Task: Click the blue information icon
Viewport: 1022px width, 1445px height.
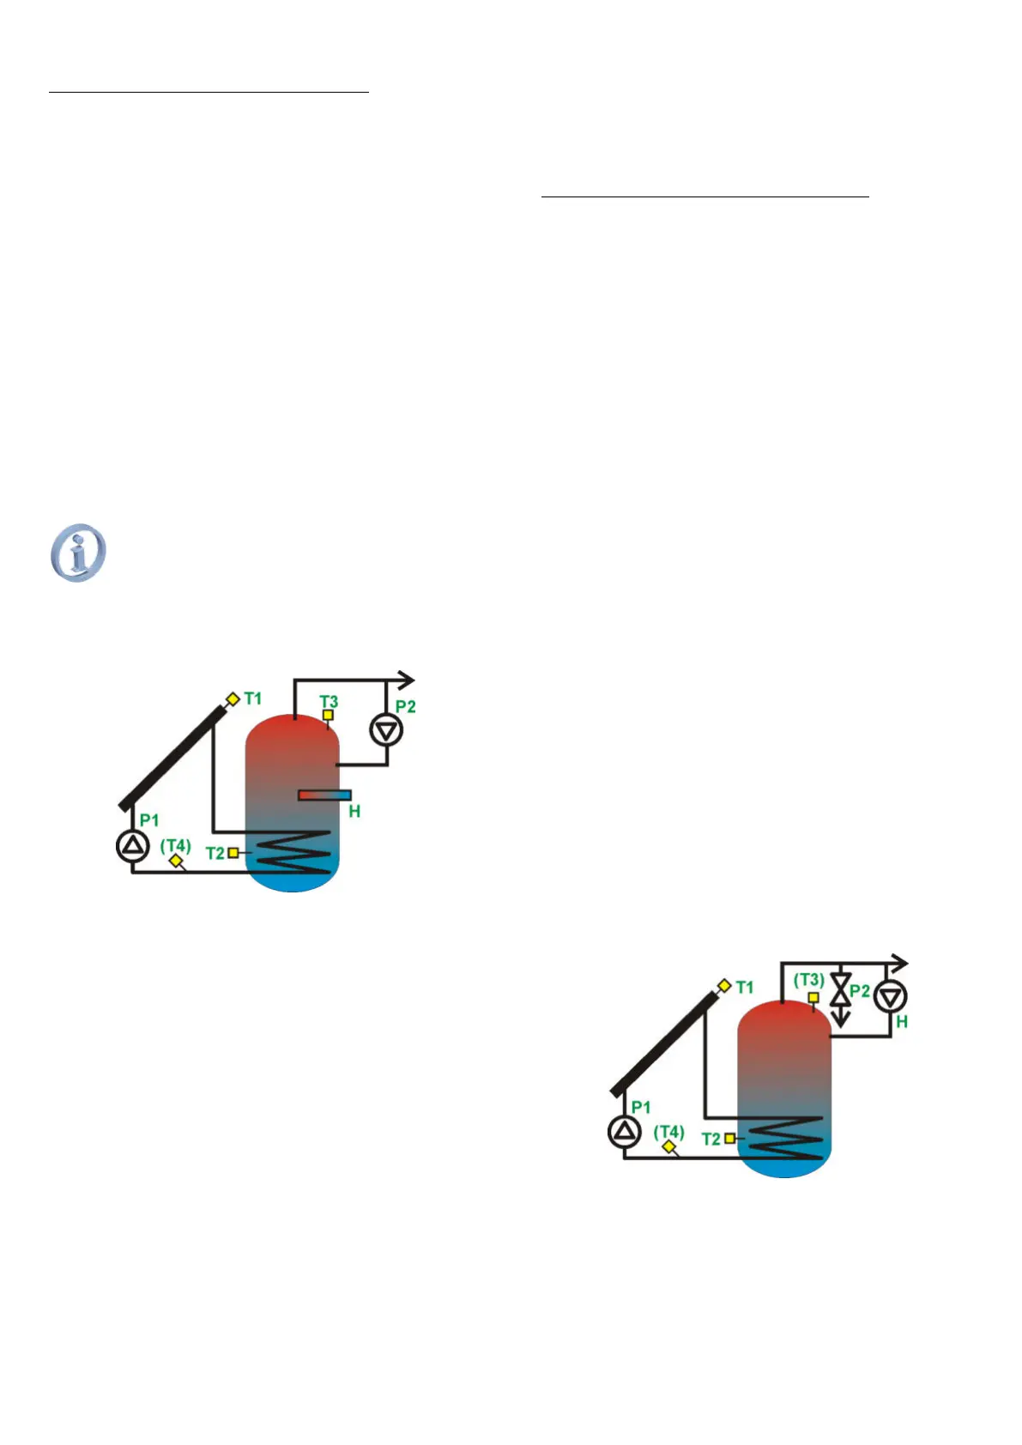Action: click(78, 553)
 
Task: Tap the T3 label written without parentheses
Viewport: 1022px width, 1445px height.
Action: click(329, 701)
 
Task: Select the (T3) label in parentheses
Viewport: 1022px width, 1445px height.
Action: click(808, 979)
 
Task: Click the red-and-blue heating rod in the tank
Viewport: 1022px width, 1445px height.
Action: click(324, 795)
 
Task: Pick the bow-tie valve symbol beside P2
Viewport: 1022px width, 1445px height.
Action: click(841, 989)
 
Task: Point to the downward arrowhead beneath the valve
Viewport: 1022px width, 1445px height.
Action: click(841, 1020)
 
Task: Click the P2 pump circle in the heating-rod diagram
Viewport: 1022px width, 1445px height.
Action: click(386, 730)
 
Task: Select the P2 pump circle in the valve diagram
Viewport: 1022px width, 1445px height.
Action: click(890, 996)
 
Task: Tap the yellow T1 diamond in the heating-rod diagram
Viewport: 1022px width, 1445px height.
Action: click(232, 699)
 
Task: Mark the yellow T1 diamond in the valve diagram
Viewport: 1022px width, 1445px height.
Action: click(724, 987)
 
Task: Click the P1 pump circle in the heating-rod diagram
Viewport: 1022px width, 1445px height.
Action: click(132, 847)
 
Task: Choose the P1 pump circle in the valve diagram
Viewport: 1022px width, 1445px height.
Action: click(624, 1132)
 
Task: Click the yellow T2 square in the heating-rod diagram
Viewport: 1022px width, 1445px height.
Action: click(233, 853)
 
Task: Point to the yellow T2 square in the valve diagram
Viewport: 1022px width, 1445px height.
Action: click(729, 1139)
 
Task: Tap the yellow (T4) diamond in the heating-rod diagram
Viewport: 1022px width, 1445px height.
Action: click(176, 861)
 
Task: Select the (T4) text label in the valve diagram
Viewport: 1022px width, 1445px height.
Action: click(668, 1131)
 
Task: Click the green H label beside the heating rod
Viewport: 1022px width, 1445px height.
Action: click(354, 811)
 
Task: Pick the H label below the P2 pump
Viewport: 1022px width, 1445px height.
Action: click(901, 1022)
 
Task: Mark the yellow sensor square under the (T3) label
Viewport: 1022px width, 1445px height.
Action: click(813, 997)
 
